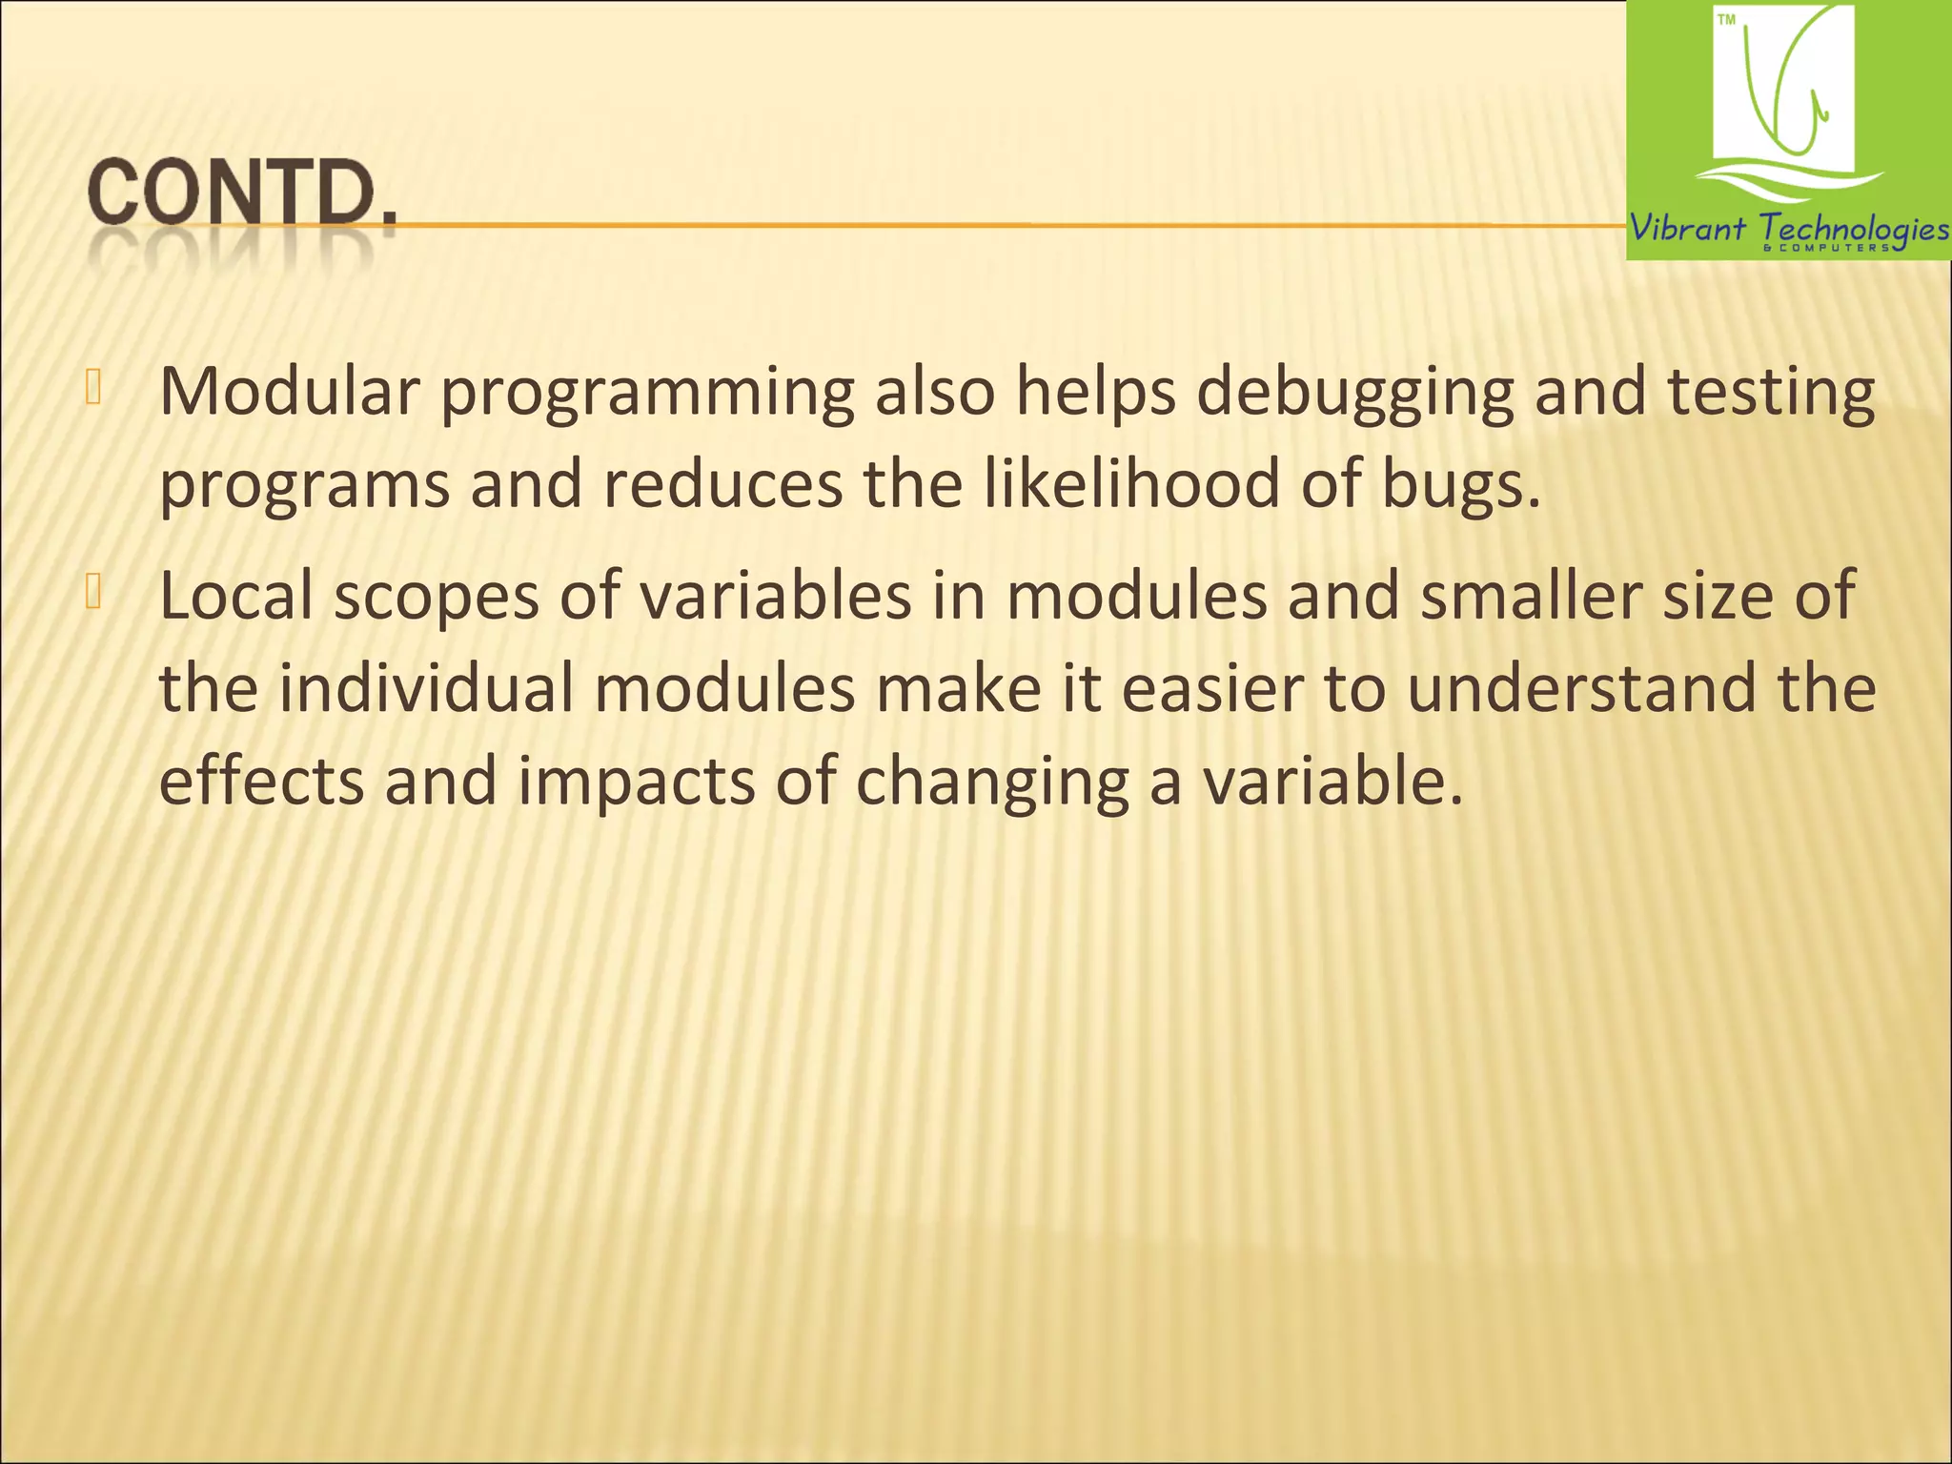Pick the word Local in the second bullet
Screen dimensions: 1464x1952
click(236, 595)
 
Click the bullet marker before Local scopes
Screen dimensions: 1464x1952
click(92, 592)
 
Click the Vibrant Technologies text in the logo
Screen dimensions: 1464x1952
click(1788, 229)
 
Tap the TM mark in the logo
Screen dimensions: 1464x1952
click(1726, 20)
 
